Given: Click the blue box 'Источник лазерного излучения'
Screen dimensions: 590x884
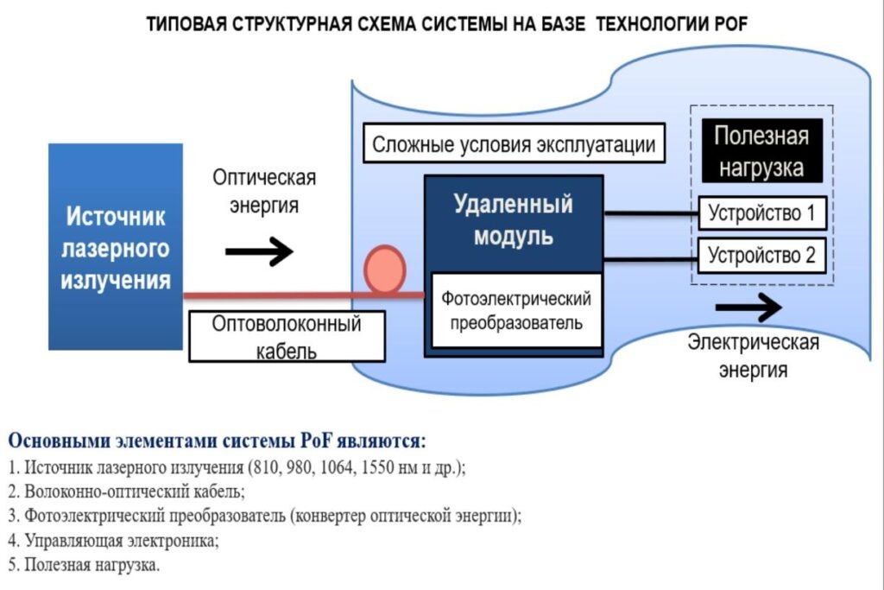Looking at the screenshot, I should coord(116,246).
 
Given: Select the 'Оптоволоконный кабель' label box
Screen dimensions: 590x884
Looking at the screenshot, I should coord(287,337).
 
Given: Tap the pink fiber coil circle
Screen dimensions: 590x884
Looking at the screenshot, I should coord(384,269).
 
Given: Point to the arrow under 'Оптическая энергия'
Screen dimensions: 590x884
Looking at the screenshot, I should coord(259,252).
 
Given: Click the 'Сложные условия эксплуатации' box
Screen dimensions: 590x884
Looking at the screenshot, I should coord(514,144).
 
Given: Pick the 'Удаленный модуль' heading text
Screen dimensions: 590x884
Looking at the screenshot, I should coord(513,219).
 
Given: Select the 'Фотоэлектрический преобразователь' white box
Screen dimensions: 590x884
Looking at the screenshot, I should coord(515,310).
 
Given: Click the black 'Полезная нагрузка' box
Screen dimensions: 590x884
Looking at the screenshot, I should coord(760,151).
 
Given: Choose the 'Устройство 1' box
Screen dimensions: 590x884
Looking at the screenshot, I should coord(761,213).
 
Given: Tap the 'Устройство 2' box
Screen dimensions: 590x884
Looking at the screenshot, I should coord(761,256).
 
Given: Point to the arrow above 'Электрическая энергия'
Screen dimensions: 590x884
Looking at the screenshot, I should coord(748,308).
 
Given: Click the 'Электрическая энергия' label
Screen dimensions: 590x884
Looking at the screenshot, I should coord(753,356).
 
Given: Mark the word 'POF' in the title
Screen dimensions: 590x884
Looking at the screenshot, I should coord(730,25).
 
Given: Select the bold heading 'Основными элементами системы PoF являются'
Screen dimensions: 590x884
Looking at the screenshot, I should coord(218,441).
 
